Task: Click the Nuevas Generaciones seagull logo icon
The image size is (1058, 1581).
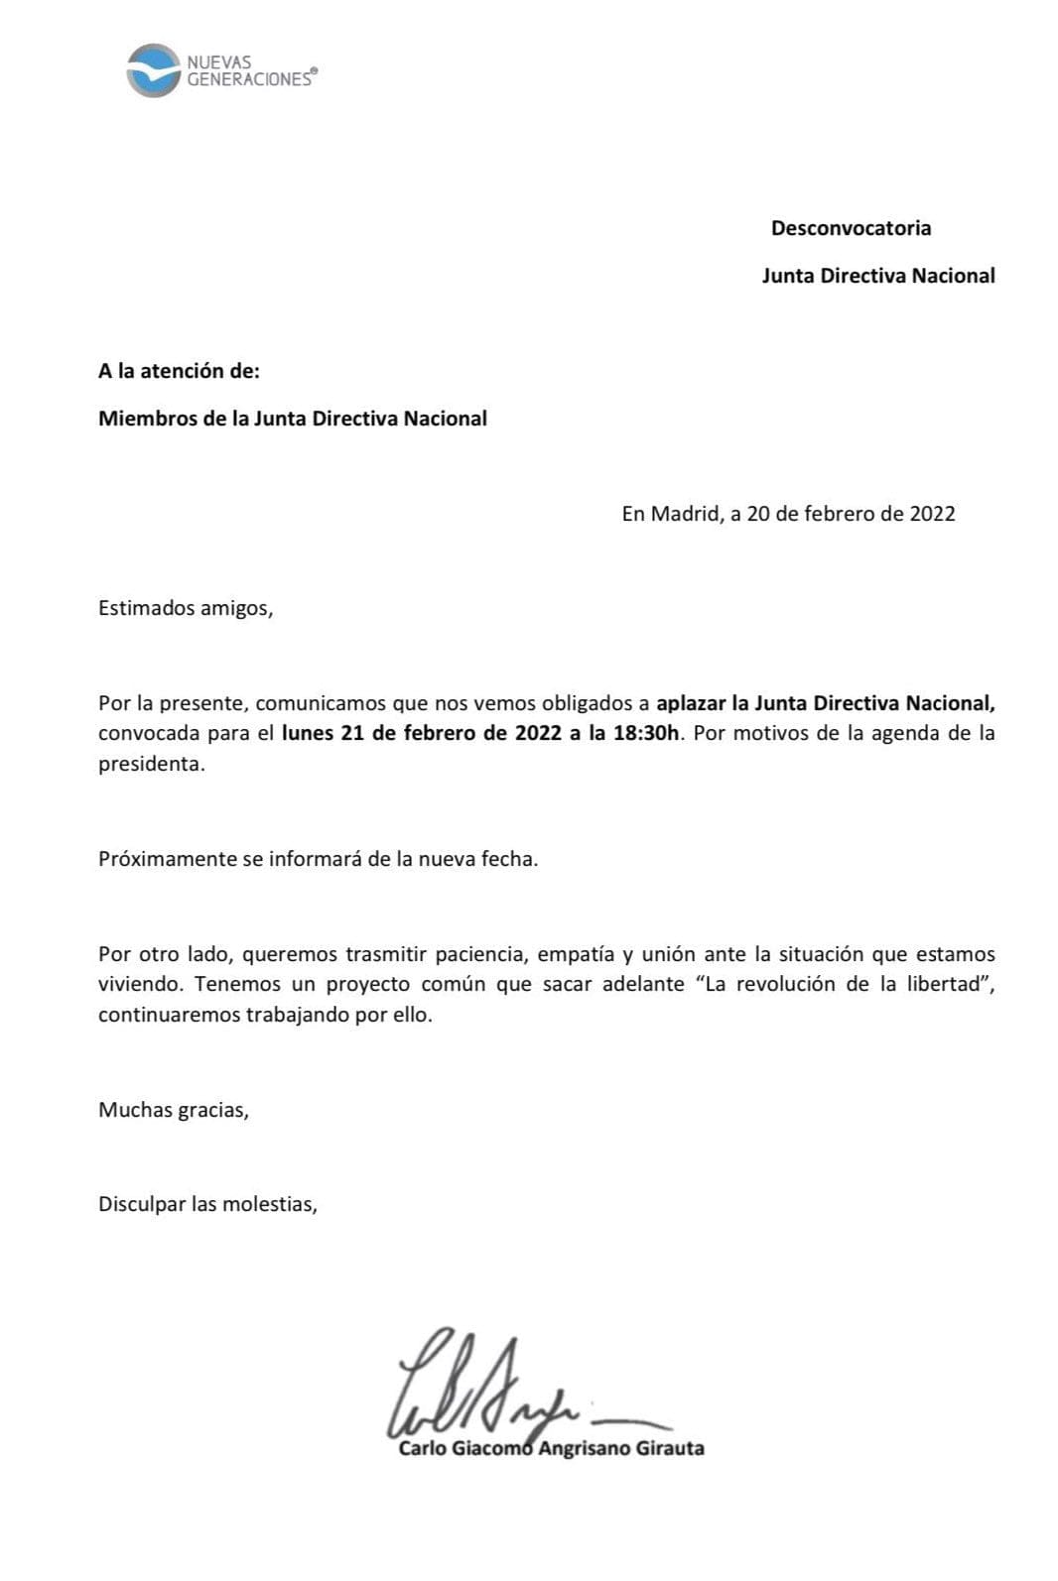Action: click(152, 70)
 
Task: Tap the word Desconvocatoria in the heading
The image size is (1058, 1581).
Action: click(851, 228)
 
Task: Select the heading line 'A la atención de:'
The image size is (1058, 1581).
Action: click(179, 371)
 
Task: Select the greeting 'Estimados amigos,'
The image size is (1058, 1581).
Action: click(186, 608)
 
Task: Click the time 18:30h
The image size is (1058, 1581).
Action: click(648, 734)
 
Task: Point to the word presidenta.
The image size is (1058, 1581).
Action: click(151, 765)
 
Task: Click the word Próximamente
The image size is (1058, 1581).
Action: click(167, 859)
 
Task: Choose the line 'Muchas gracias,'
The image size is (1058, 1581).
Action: click(174, 1110)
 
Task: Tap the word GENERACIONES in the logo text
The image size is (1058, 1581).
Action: click(248, 80)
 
